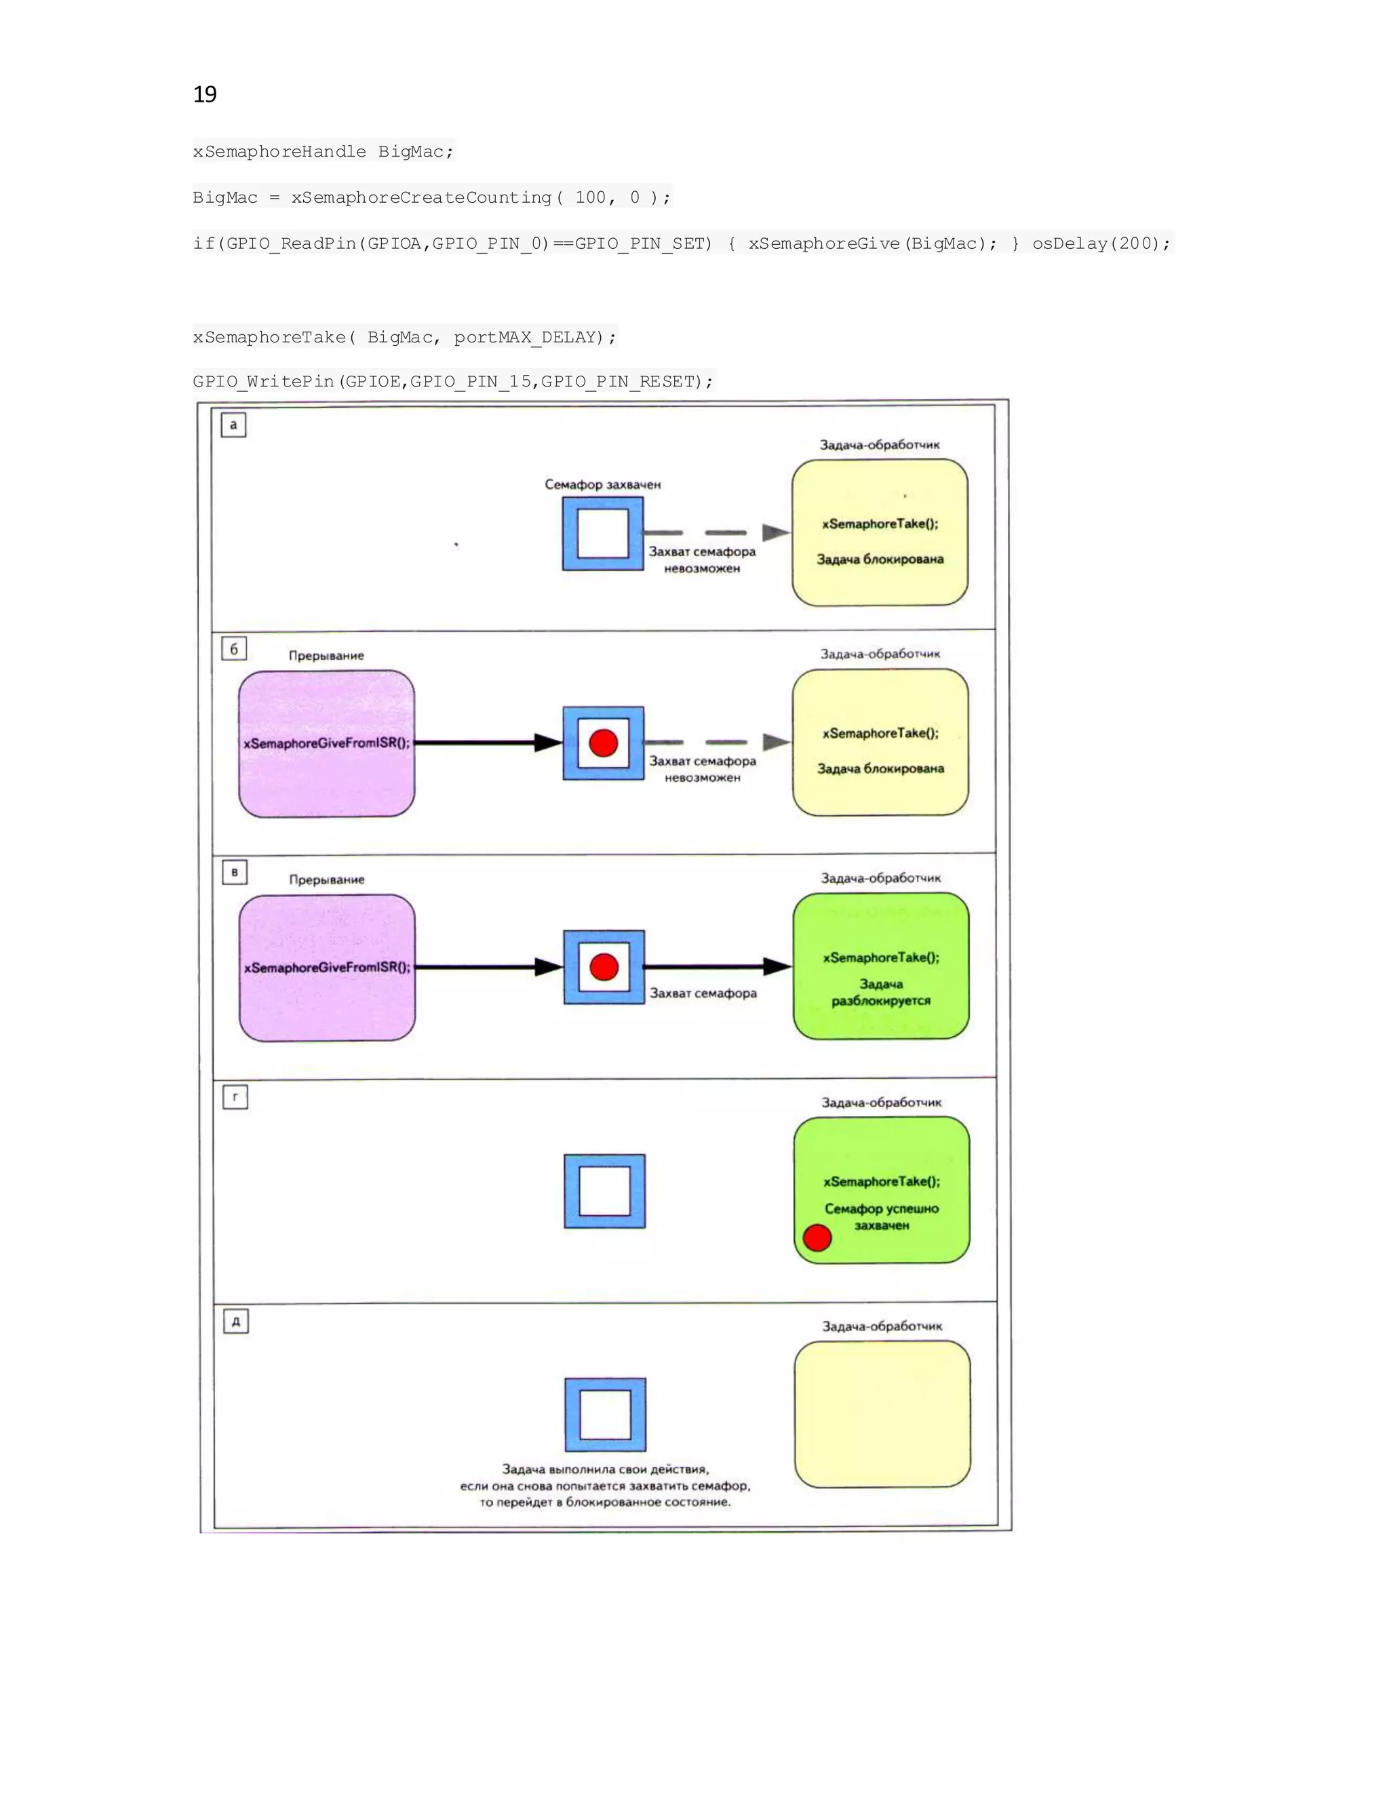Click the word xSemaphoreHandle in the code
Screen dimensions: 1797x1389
click(279, 151)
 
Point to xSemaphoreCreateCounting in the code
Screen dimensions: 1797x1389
click(420, 197)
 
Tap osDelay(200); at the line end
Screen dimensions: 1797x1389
click(1100, 243)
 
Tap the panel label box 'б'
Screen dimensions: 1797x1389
click(234, 649)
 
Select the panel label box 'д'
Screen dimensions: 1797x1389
click(236, 1322)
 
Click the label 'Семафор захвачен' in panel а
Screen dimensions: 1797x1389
click(602, 485)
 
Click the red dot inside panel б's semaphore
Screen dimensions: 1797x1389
click(603, 743)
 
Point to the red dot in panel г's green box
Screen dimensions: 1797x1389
click(817, 1238)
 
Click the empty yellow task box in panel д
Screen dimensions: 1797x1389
click(882, 1415)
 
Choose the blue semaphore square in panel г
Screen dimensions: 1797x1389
click(605, 1191)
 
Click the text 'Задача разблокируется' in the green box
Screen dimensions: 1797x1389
click(880, 992)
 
